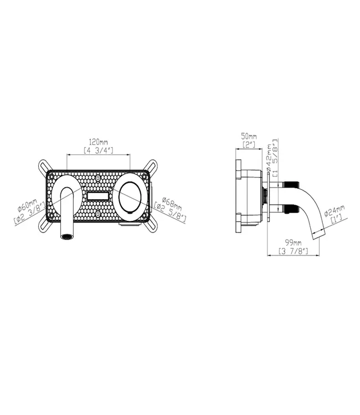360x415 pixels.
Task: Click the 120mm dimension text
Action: click(98, 142)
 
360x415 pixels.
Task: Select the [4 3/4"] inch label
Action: click(98, 150)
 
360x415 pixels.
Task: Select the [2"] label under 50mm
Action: click(249, 145)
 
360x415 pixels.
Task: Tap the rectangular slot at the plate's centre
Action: click(97, 196)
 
